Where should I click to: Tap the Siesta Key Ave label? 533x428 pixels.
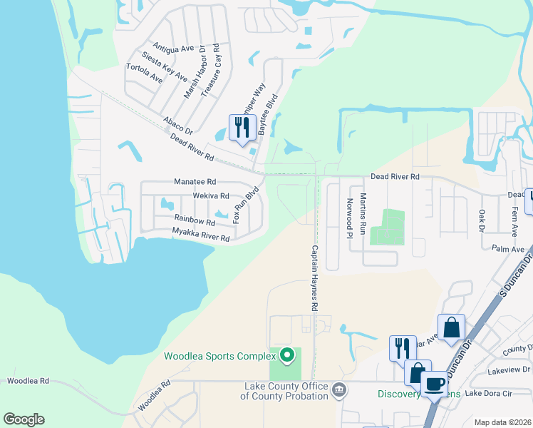click(165, 66)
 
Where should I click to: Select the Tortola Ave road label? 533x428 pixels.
click(144, 73)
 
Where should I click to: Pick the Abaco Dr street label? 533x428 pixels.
click(178, 126)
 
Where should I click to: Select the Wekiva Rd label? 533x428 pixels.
click(211, 195)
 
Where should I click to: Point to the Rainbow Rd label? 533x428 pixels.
click(194, 220)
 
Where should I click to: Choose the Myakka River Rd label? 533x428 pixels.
click(201, 234)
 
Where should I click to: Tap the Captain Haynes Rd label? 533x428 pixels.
click(314, 278)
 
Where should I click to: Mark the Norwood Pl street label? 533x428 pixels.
click(349, 218)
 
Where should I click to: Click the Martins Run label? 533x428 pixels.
click(363, 214)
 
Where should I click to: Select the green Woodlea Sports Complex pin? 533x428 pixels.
click(286, 354)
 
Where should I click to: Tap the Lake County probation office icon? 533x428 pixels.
click(339, 389)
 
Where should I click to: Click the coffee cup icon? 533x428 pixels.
click(434, 384)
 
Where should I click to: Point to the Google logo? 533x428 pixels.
click(24, 419)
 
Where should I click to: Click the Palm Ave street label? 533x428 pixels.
click(508, 248)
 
